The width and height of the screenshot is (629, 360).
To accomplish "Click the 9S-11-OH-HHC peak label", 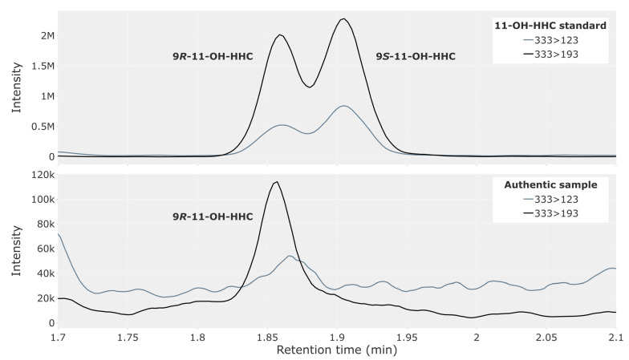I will click(x=417, y=56).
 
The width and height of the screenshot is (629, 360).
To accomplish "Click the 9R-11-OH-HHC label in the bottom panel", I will click(x=213, y=216).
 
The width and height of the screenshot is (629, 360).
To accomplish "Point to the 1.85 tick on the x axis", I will click(x=268, y=338).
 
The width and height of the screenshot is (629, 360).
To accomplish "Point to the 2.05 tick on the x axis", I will click(x=546, y=338).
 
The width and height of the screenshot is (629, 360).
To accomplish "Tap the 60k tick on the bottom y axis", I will click(x=42, y=249).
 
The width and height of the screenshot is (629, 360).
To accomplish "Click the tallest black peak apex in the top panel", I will click(x=343, y=18).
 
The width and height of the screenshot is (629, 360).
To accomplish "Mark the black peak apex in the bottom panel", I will click(x=277, y=182).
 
